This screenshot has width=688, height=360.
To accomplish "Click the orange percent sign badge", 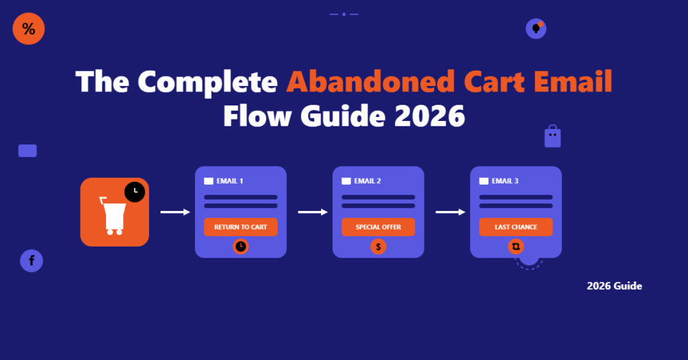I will (28, 29).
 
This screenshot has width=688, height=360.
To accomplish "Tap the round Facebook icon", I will (32, 261).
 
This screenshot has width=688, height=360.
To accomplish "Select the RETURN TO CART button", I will (241, 227).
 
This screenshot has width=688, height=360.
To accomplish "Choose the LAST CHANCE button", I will (516, 227).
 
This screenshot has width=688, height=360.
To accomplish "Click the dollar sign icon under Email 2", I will (378, 247).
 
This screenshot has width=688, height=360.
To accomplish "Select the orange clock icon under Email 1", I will (241, 247).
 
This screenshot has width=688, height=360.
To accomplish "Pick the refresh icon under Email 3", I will (516, 247).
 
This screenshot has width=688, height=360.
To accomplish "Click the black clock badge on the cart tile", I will (134, 191).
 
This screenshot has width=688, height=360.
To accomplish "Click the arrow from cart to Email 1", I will (175, 212).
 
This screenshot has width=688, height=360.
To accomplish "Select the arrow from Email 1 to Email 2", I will (312, 212).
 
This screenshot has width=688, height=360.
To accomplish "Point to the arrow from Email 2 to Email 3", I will (450, 212).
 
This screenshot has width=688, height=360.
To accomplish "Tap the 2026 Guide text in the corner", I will (614, 286).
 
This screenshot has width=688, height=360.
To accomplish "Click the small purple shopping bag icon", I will (552, 136).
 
